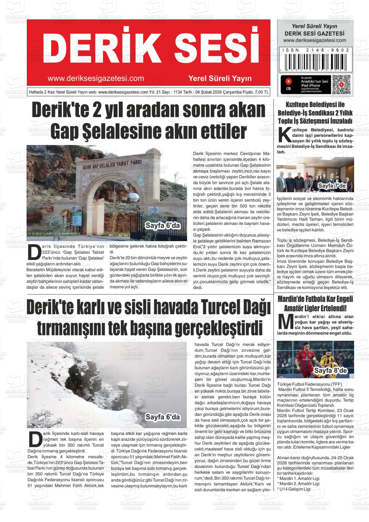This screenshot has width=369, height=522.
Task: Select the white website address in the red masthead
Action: [x=96, y=78]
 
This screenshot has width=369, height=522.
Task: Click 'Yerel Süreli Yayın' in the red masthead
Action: [x=220, y=78]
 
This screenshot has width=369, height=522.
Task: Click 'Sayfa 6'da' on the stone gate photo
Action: [x=162, y=226]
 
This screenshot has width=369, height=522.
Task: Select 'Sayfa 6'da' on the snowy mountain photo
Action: [x=162, y=417]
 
